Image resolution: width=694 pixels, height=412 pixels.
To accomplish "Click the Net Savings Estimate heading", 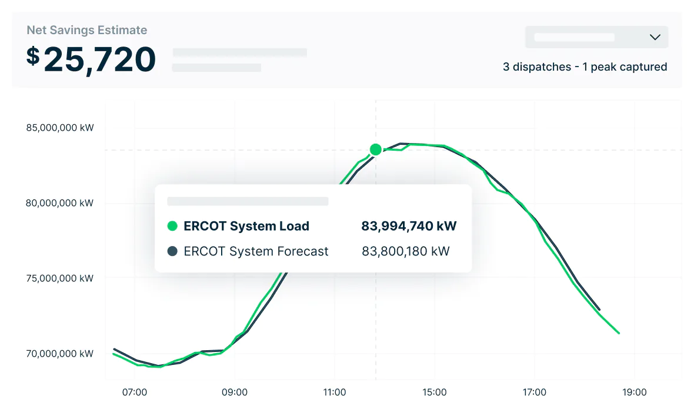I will pyautogui.click(x=87, y=30).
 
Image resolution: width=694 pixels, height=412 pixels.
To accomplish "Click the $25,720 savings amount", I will pyautogui.click(x=91, y=59).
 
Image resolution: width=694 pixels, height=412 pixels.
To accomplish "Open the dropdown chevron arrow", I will pyautogui.click(x=655, y=37).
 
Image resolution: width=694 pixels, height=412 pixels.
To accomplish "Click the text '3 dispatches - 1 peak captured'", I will pyautogui.click(x=585, y=67).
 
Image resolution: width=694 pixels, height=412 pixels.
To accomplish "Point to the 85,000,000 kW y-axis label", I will pyautogui.click(x=60, y=128).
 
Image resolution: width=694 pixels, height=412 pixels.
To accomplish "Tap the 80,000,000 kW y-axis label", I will pyautogui.click(x=60, y=203).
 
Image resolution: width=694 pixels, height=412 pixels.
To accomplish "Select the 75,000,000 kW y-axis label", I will pyautogui.click(x=60, y=278).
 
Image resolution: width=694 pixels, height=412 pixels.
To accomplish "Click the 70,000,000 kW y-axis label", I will pyautogui.click(x=60, y=354).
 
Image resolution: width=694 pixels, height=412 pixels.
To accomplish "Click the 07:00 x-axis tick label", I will pyautogui.click(x=135, y=392).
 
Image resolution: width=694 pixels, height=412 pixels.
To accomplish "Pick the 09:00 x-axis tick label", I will pyautogui.click(x=235, y=392).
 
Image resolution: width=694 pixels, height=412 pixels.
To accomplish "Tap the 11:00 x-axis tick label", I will pyautogui.click(x=335, y=392).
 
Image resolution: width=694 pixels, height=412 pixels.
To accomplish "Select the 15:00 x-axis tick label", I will pyautogui.click(x=435, y=392).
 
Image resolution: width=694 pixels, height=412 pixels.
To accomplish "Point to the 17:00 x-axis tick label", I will pyautogui.click(x=535, y=392).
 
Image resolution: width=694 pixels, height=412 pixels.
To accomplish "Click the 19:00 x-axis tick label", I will pyautogui.click(x=635, y=392).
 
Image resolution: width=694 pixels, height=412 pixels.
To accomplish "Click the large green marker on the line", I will pyautogui.click(x=376, y=149).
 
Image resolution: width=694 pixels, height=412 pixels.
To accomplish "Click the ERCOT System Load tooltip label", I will pyautogui.click(x=246, y=226).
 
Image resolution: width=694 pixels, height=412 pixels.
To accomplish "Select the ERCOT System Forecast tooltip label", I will pyautogui.click(x=256, y=251).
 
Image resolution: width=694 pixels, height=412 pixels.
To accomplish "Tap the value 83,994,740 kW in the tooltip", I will pyautogui.click(x=409, y=226).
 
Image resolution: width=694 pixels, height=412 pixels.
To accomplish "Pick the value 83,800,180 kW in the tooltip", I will pyautogui.click(x=406, y=251).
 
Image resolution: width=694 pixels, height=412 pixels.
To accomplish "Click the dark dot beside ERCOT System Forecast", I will pyautogui.click(x=172, y=251).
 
